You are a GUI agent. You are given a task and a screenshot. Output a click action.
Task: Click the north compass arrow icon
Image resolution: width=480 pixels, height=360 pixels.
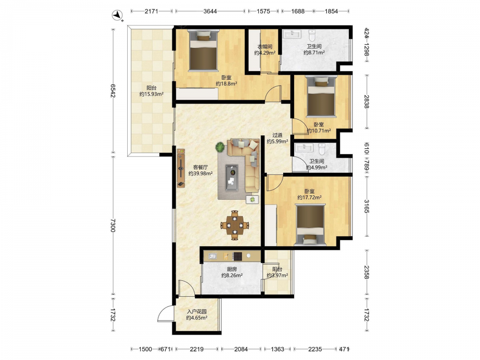pos(117,15)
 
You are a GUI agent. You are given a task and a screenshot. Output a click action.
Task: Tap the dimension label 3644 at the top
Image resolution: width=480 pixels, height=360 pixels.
pos(210,12)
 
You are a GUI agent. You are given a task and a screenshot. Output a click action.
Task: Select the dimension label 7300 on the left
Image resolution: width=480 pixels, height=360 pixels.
pos(113,225)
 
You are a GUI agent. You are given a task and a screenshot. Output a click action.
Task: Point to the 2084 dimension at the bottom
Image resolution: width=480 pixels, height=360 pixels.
pos(241,349)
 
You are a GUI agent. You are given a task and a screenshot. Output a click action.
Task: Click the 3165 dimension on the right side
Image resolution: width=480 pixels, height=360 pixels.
pos(366,206)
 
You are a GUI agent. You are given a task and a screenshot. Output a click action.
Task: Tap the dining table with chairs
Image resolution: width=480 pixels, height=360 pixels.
pos(235,225)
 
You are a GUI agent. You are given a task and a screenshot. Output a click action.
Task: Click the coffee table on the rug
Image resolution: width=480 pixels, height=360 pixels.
pos(232,178)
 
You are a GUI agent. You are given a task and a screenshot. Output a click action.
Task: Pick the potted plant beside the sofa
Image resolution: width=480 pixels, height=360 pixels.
pos(220,147)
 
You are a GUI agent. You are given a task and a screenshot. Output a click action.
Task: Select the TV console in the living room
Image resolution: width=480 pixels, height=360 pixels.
pos(181,168)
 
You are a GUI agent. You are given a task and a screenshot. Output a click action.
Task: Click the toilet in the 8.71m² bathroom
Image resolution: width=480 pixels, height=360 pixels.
pos(312,35)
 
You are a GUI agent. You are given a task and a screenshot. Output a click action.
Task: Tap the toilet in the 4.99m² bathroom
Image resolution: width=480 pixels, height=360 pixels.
pos(322,149)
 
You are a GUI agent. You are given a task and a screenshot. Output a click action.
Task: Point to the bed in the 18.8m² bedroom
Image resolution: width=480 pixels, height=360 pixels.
pos(204,50)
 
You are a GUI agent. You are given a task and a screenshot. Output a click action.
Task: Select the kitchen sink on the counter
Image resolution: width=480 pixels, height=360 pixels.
pos(213,256)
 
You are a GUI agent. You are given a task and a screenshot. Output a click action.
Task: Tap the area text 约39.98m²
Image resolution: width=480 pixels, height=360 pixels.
pos(201,174)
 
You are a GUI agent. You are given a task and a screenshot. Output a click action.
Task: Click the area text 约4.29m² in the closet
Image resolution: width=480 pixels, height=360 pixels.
pos(265,53)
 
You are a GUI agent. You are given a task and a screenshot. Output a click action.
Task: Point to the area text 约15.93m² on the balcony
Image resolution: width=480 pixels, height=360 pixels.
pos(152,94)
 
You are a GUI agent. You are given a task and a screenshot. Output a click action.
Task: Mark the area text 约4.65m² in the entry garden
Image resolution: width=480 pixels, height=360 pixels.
pos(197,318)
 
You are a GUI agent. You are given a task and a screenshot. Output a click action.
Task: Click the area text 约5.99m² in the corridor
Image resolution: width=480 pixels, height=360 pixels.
pos(277,142)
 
